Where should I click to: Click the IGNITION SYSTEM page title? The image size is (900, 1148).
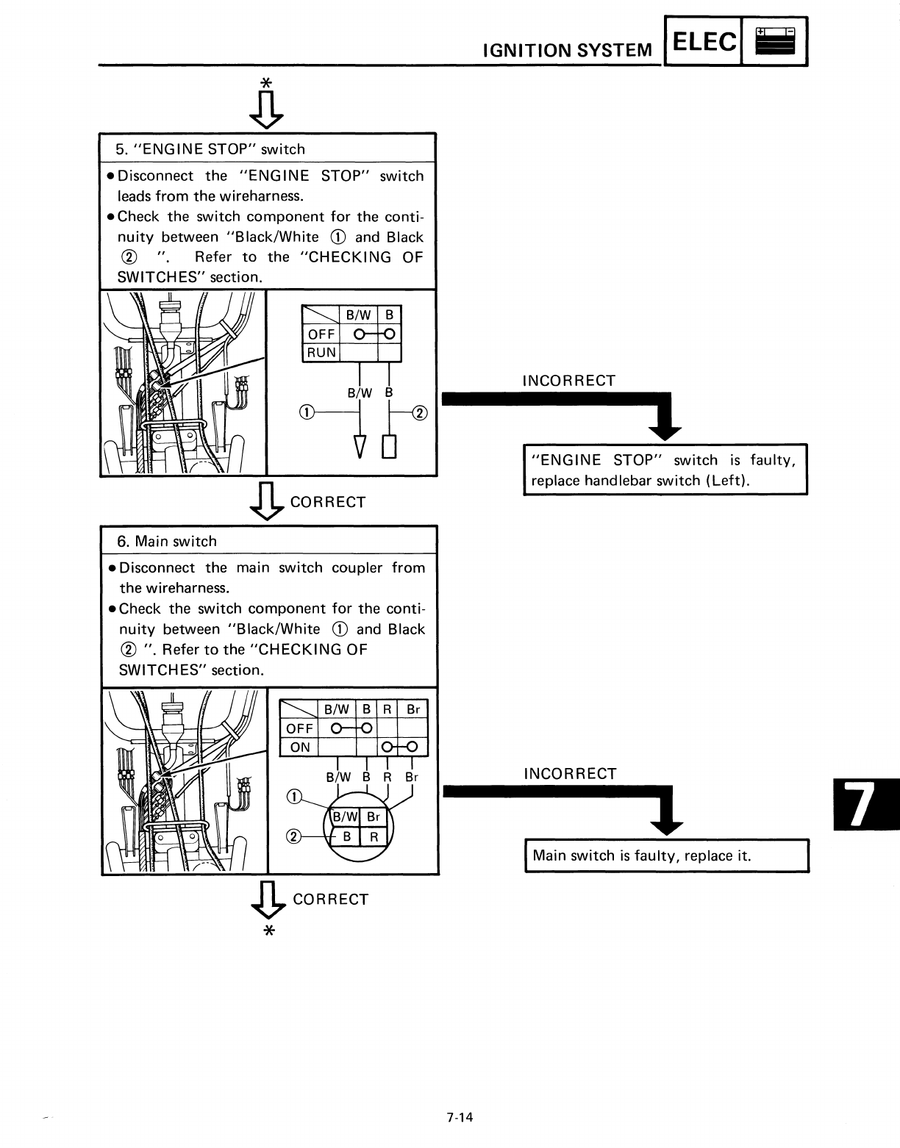tap(566, 50)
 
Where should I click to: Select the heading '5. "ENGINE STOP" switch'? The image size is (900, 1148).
tap(210, 149)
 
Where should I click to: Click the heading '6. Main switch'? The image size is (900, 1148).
tap(168, 542)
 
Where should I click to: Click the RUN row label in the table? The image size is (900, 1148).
tap(321, 352)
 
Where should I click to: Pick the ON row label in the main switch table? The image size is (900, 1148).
tap(300, 747)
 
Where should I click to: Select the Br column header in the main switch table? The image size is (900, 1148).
tap(413, 710)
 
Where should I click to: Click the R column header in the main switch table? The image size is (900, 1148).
tap(387, 710)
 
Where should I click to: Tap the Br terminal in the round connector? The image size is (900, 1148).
tap(374, 817)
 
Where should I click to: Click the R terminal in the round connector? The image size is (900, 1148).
tap(374, 836)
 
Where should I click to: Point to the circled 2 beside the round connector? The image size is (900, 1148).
tap(293, 836)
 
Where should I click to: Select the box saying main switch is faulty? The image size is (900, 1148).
tap(666, 855)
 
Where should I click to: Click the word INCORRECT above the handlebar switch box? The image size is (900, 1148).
tap(568, 381)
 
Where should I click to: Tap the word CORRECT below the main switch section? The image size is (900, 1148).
tap(330, 900)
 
